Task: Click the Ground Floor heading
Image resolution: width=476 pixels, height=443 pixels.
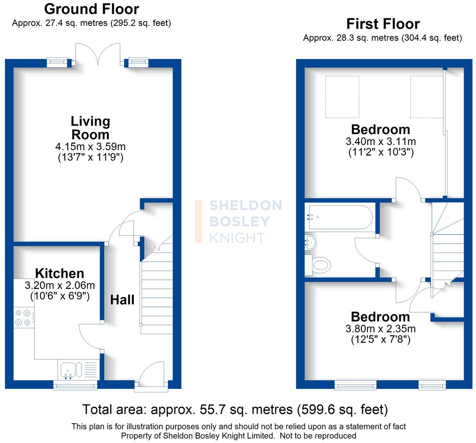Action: [x=91, y=9]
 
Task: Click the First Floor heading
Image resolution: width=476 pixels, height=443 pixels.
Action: [x=383, y=24]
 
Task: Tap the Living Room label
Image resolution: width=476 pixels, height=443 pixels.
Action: [x=90, y=128]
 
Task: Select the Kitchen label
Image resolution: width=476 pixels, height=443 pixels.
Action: [x=59, y=273]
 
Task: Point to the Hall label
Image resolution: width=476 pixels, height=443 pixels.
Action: [x=122, y=300]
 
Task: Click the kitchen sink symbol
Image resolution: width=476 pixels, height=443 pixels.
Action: [x=67, y=370]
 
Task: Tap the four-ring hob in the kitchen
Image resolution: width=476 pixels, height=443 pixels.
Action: [x=23, y=317]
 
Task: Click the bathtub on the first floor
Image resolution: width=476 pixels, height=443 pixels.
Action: [x=339, y=217]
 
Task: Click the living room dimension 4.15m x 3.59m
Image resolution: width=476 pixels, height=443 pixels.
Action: [x=90, y=146]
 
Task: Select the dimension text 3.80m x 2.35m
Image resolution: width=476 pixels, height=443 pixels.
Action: [x=380, y=329]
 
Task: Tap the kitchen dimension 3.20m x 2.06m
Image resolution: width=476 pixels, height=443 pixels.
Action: [x=60, y=285]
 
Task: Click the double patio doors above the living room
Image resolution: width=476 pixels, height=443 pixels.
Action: [x=98, y=55]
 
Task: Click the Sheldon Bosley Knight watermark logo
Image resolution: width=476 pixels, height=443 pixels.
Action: [x=239, y=221]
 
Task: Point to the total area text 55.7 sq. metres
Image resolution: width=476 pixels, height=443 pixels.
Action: [x=235, y=409]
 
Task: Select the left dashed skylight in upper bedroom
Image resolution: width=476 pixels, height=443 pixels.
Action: [x=342, y=96]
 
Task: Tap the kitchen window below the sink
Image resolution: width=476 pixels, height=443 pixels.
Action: [x=75, y=385]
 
